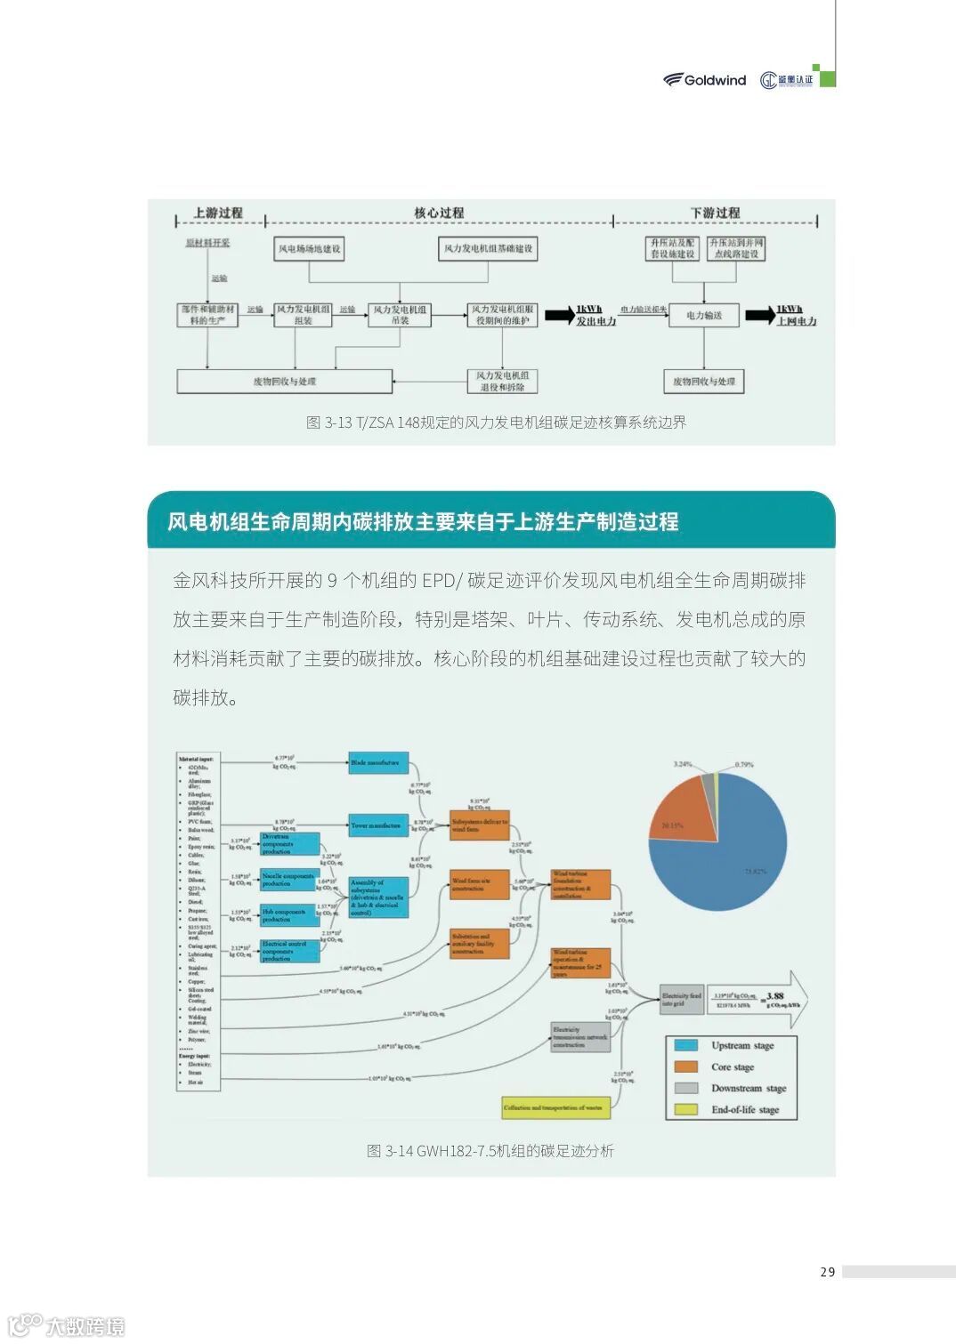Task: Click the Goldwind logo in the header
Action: coord(704,80)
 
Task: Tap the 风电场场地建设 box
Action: coord(309,249)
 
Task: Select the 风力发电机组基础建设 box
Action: coord(488,249)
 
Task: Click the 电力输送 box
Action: coord(703,316)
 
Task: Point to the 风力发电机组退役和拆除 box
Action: coord(503,382)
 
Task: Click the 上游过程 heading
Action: coord(218,213)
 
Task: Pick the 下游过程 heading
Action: coord(715,213)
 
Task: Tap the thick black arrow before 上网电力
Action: coord(759,315)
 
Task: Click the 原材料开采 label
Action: coord(207,243)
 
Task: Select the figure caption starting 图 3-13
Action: coord(496,423)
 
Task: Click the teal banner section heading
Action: coord(423,522)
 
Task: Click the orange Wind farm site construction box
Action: coord(479,885)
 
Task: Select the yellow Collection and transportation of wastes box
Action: coord(555,1107)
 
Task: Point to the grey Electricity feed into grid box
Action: coord(681,999)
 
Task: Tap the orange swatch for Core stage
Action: coord(686,1066)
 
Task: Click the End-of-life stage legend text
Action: coord(745,1110)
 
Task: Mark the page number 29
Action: coord(828,1272)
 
